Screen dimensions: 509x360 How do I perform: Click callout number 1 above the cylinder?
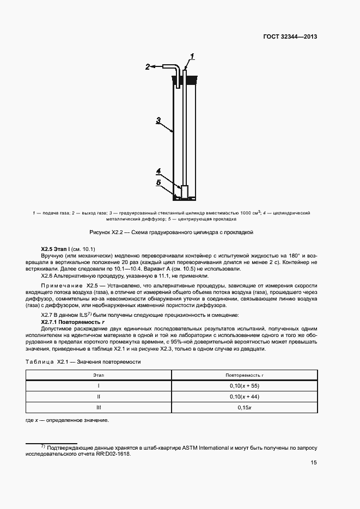click(192, 56)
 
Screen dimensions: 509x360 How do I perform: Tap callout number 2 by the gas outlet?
click(147, 67)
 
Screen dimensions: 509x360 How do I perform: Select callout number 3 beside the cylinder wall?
click(158, 121)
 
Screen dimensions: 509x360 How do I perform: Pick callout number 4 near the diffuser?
click(158, 171)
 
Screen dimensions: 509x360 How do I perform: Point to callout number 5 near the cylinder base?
click(158, 183)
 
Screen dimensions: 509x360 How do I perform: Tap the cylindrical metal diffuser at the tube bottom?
click(185, 192)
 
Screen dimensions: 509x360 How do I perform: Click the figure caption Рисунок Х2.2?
click(180, 232)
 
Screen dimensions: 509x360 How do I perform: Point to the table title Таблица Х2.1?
click(83, 361)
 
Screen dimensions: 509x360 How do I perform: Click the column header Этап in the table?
click(99, 375)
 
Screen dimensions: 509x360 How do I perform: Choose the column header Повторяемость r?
click(244, 375)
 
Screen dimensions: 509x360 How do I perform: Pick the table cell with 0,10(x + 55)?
click(244, 385)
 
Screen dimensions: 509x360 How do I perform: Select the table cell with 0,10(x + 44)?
click(244, 396)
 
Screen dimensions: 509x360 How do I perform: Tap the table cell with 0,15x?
click(244, 407)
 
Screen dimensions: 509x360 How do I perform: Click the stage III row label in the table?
click(99, 407)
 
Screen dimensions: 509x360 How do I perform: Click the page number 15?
click(314, 462)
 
